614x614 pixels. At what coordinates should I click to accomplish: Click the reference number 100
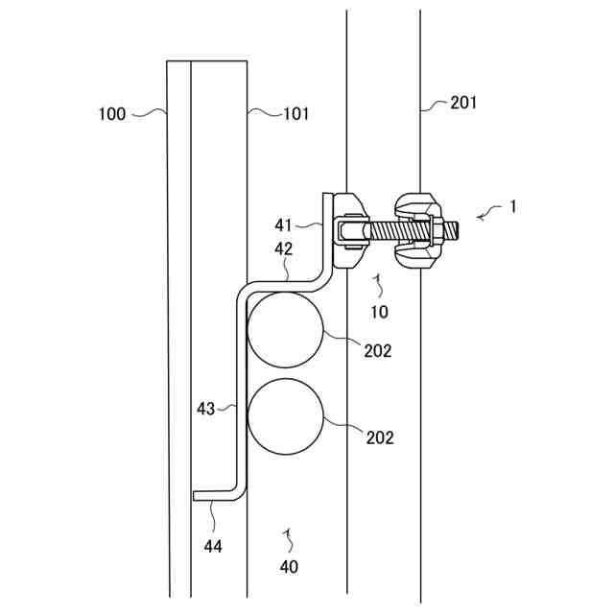(112, 114)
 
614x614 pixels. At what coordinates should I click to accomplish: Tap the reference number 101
(295, 114)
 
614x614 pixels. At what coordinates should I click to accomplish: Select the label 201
(463, 104)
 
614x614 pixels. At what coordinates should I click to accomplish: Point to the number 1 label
(513, 206)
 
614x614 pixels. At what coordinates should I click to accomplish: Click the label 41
(282, 225)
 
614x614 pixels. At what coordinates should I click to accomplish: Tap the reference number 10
(379, 312)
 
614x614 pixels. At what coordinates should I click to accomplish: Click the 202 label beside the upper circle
(378, 351)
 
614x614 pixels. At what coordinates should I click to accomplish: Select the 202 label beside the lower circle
(380, 437)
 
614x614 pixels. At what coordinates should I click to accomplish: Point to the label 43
(205, 409)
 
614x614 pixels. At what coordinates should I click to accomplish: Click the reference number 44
(213, 546)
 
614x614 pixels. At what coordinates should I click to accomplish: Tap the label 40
(288, 566)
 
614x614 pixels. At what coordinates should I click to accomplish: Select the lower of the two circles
(285, 416)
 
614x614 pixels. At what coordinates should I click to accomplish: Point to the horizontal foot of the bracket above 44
(216, 496)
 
